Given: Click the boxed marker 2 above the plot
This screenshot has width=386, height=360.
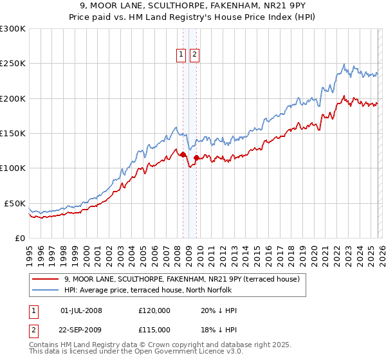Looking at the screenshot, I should (x=194, y=55).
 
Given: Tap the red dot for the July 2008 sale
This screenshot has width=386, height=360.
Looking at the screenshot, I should (x=183, y=154).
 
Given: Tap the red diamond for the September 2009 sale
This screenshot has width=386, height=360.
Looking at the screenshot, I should (x=196, y=157).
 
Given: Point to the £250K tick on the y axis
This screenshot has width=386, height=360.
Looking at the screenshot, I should (x=13, y=64).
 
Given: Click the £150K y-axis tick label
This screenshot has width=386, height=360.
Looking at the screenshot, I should (x=13, y=134).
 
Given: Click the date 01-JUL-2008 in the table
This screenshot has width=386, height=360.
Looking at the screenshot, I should (x=81, y=310).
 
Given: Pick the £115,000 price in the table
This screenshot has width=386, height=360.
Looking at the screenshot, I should (x=154, y=330).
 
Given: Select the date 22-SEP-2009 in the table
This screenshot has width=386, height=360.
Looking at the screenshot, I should (x=81, y=330).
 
